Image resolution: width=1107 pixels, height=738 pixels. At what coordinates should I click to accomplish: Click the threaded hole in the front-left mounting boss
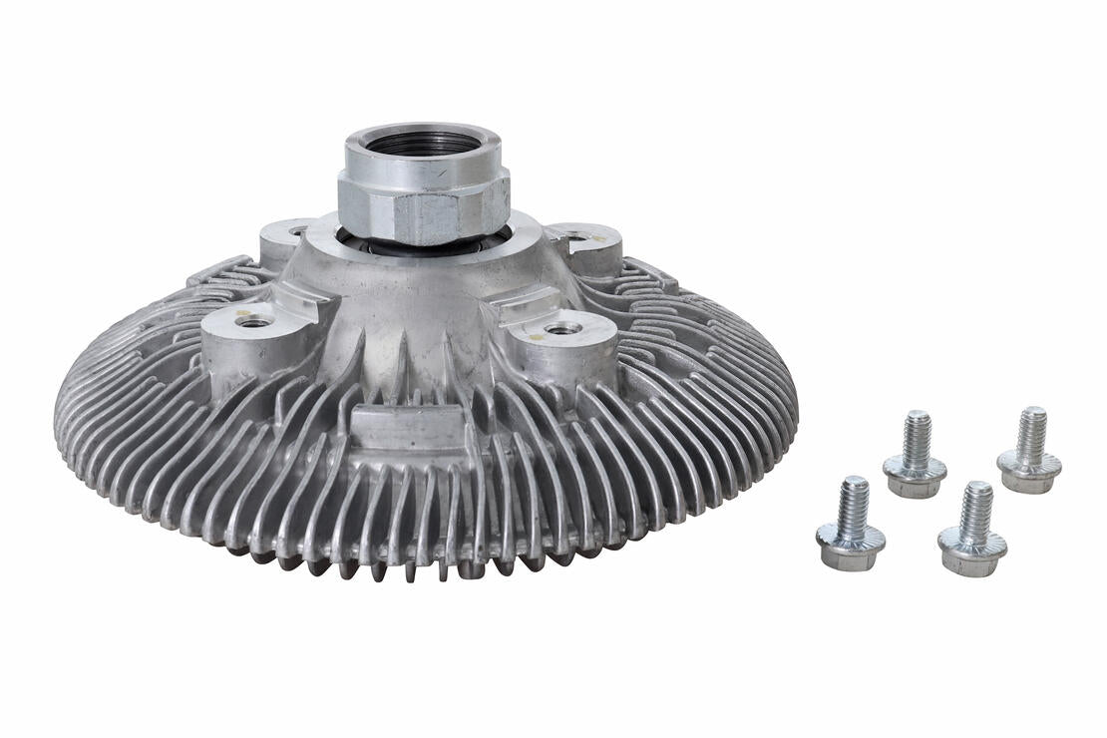pos(253,321)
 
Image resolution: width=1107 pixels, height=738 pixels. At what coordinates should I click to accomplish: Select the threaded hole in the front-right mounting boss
pos(561,328)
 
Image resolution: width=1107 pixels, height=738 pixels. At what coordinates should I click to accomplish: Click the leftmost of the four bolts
pos(851,524)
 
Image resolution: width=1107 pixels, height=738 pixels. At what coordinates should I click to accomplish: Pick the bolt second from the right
pos(972,530)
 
